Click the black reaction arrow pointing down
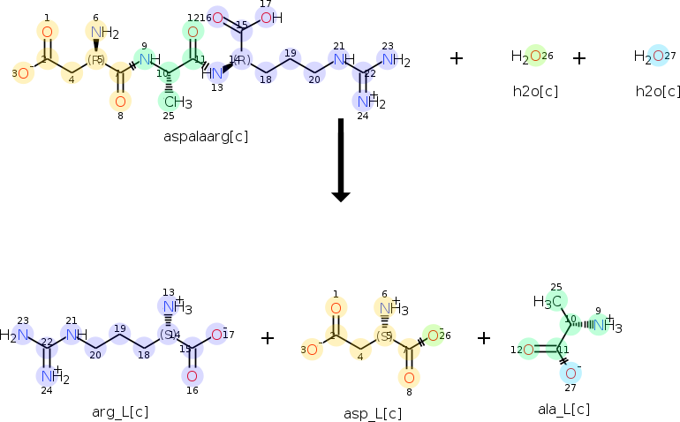(x=340, y=159)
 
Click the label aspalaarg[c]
(x=204, y=136)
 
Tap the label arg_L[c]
(x=119, y=411)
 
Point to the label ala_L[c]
(x=563, y=409)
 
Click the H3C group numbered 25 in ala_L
(x=548, y=302)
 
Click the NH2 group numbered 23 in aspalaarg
(x=393, y=61)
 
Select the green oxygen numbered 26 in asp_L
(x=434, y=335)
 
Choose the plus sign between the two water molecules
(x=578, y=58)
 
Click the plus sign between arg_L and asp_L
(x=268, y=337)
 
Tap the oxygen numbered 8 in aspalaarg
(x=122, y=101)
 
